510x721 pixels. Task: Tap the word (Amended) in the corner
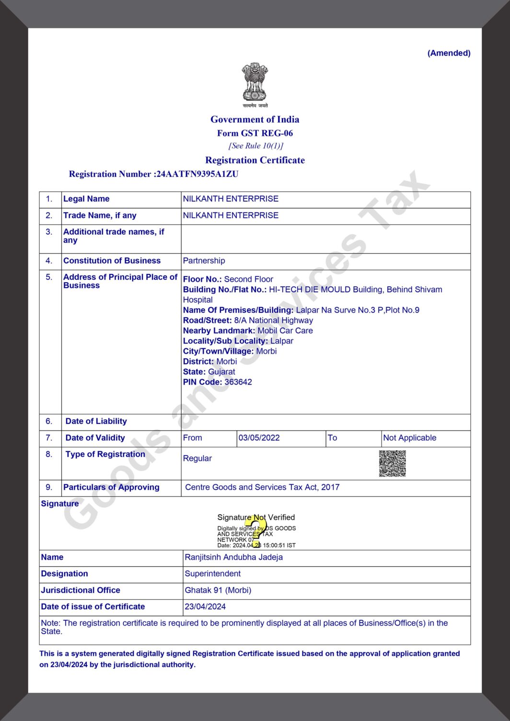[449, 53]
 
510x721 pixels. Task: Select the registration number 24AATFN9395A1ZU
[197, 174]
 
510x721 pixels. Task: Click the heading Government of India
[255, 119]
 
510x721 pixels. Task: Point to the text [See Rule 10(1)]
[255, 146]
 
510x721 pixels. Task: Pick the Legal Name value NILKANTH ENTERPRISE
[231, 199]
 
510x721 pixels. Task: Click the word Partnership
[204, 261]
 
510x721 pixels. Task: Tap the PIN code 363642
[238, 382]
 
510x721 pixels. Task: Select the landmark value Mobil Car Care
[285, 331]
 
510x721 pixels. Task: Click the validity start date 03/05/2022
[259, 438]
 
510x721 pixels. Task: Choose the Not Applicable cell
[410, 438]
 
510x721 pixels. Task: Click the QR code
[392, 463]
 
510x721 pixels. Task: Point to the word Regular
[197, 458]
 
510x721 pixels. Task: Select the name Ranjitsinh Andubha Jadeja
[233, 557]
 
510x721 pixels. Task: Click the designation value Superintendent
[213, 573]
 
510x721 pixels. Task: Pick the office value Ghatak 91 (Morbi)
[218, 590]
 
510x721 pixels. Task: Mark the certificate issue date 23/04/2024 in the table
[205, 607]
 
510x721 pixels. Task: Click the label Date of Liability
[96, 421]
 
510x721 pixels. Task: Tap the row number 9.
[49, 487]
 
